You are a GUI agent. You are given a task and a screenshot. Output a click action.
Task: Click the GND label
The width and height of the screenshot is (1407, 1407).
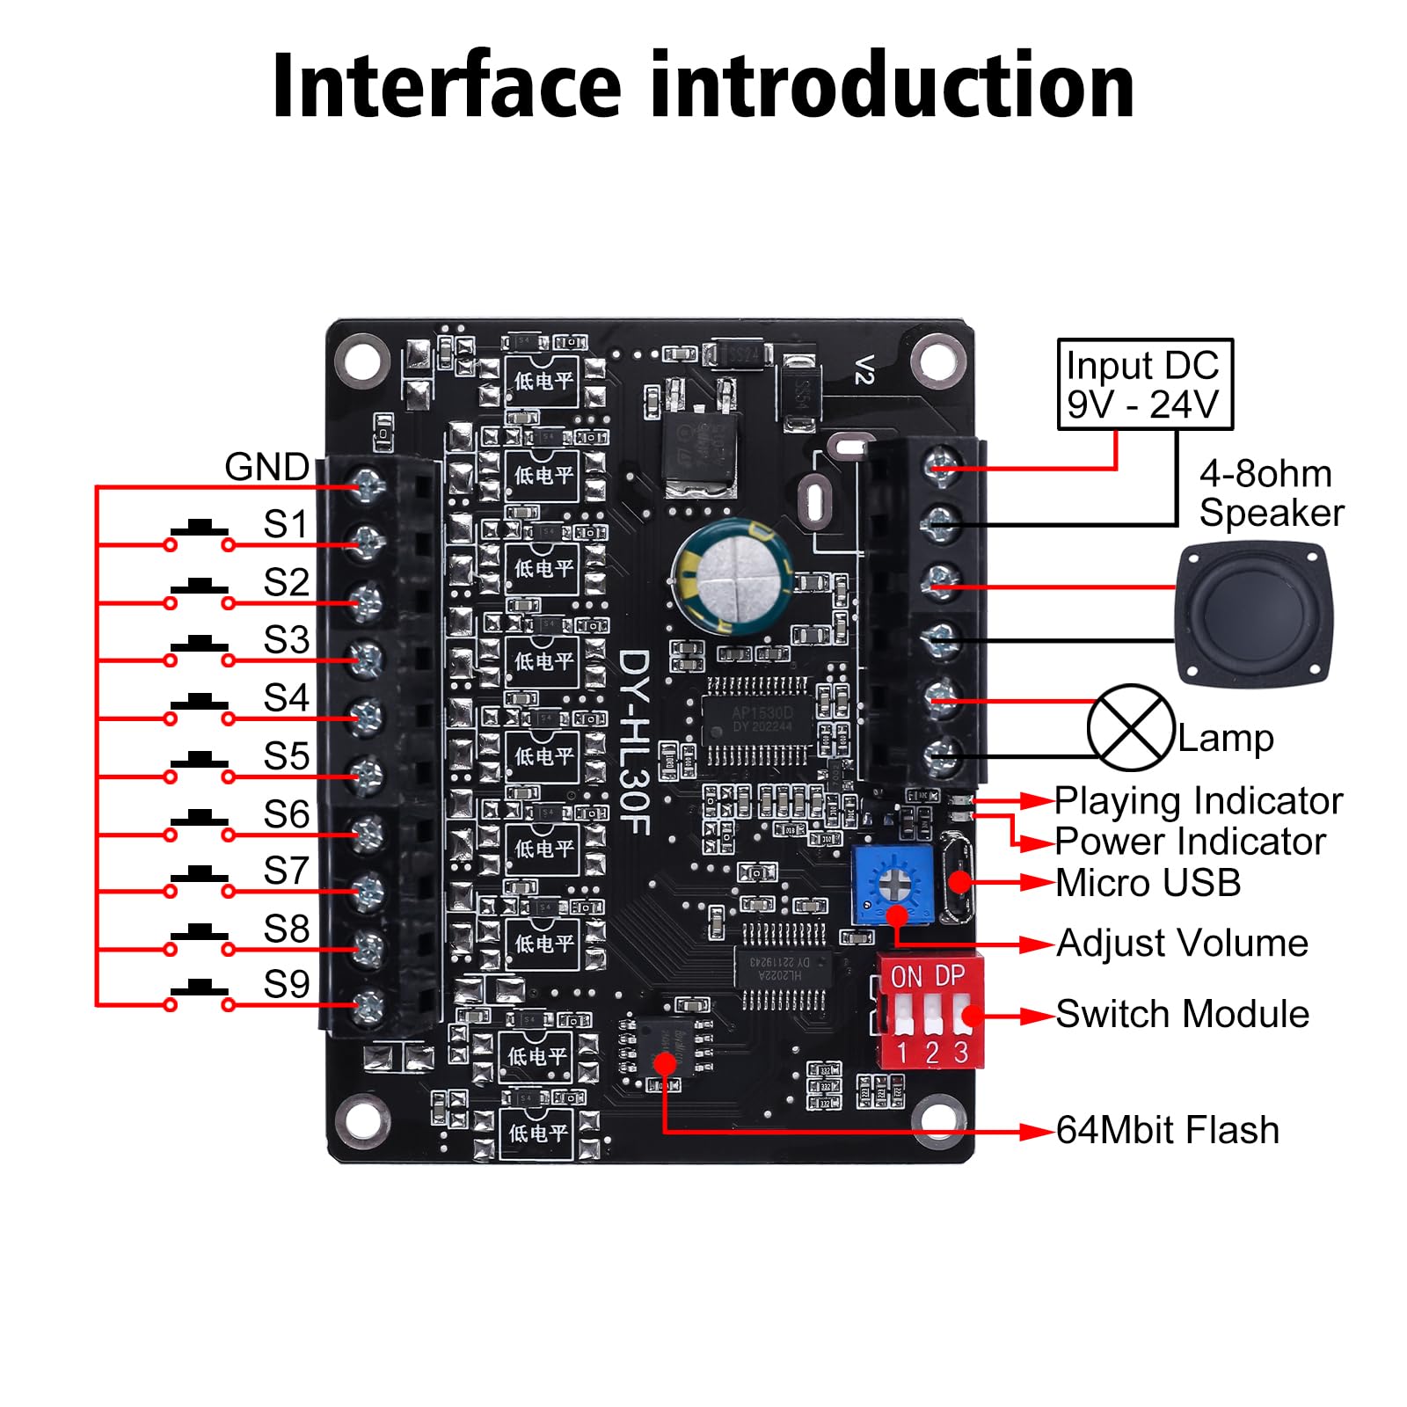coord(266,467)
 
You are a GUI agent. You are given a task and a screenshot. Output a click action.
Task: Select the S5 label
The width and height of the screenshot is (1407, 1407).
coord(287,756)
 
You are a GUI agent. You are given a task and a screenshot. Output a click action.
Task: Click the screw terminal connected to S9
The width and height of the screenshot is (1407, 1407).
coord(367,1005)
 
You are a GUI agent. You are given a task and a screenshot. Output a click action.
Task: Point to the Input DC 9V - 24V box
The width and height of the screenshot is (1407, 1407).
coord(1144,384)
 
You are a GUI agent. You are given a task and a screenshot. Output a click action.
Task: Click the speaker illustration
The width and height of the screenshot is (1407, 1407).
coord(1254,612)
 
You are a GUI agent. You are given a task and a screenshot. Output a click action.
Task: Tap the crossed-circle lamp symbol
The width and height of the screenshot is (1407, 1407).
coord(1131,727)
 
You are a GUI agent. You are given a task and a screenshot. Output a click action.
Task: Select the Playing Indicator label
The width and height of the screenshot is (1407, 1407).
coord(1198,801)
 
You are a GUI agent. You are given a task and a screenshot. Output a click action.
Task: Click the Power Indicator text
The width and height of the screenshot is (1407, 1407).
coord(1190,842)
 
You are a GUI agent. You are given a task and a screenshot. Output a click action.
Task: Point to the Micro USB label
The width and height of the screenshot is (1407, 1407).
coord(1148,883)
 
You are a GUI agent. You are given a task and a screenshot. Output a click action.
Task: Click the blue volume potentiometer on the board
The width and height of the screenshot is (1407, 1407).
coord(893,884)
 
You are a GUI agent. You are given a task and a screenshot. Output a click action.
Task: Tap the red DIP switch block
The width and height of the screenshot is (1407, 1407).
coord(930,1011)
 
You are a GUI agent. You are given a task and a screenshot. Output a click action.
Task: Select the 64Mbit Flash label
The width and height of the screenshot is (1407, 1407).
coord(1167,1130)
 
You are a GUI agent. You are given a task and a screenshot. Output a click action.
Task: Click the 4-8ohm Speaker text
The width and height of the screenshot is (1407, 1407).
coord(1271,493)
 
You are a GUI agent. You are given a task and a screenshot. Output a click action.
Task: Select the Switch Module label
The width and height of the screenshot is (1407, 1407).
coord(1182,1014)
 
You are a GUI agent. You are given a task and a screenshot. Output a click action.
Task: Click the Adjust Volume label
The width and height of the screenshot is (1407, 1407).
coord(1182,944)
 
